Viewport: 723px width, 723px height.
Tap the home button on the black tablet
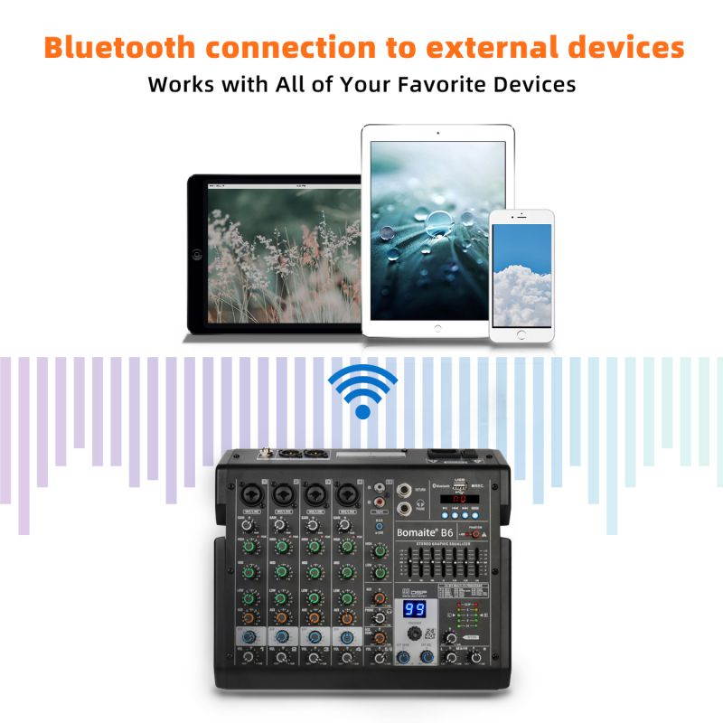pos(197,255)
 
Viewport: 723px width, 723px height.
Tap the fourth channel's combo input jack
pos(344,493)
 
